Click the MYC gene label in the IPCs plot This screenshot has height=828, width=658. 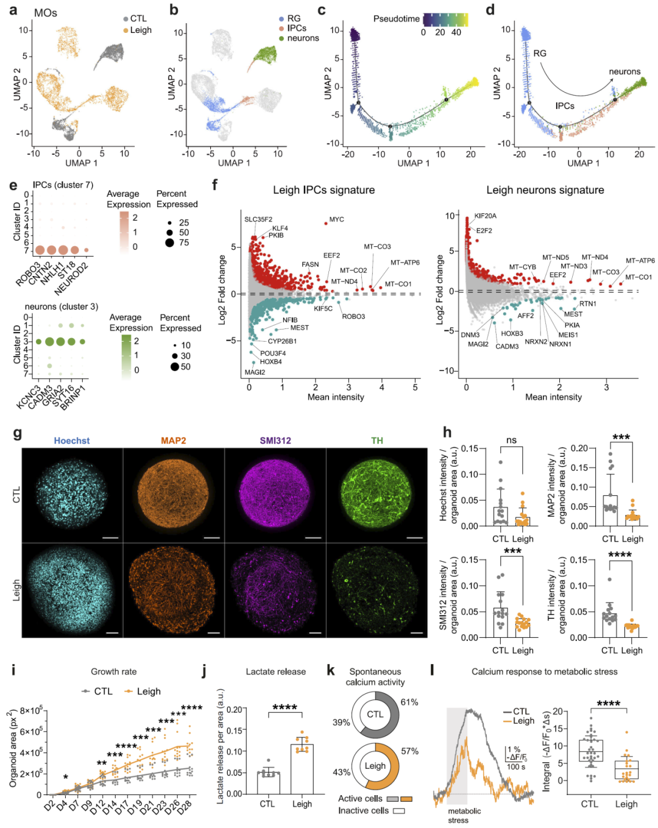pyautogui.click(x=336, y=219)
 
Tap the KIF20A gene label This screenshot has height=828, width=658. pyautogui.click(x=486, y=216)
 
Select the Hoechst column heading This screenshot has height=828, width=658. pyautogui.click(x=71, y=441)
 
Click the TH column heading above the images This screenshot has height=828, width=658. pyautogui.click(x=377, y=441)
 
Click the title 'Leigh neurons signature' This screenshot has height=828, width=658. pyautogui.click(x=545, y=190)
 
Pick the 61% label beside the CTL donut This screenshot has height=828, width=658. pyautogui.click(x=409, y=702)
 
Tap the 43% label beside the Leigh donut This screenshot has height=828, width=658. pyautogui.click(x=341, y=772)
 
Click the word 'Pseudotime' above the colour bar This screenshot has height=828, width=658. pyautogui.click(x=396, y=19)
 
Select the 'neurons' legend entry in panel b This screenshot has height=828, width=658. pyautogui.click(x=303, y=38)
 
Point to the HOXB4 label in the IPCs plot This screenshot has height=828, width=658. pyautogui.click(x=271, y=362)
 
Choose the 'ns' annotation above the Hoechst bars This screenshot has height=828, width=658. pyautogui.click(x=511, y=440)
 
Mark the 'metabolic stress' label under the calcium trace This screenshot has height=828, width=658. pyautogui.click(x=464, y=815)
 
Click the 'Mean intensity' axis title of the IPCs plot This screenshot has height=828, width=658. pyautogui.click(x=335, y=397)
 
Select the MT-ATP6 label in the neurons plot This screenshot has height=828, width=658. pyautogui.click(x=640, y=261)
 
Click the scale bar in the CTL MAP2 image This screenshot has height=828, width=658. pyautogui.click(x=211, y=537)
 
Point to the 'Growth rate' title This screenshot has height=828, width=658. pyautogui.click(x=113, y=671)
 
